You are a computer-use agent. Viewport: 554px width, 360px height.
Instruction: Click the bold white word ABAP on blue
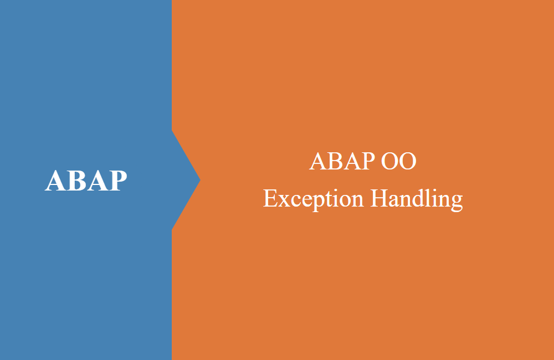tap(86, 181)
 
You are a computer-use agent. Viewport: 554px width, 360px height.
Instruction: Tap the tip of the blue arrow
tap(201, 180)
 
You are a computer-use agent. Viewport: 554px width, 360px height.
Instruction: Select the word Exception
tap(313, 199)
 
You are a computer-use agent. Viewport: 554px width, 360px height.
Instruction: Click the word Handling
tap(417, 199)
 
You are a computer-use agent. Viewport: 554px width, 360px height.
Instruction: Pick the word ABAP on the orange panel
tap(342, 161)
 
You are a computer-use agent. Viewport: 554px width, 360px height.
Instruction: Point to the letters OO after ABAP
tap(398, 161)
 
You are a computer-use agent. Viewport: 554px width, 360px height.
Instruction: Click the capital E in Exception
tap(270, 198)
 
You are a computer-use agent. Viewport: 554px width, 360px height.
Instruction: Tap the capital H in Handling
tap(379, 198)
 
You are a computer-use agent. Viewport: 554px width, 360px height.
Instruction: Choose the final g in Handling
tap(457, 203)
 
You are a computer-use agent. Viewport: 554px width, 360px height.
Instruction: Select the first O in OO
tap(389, 161)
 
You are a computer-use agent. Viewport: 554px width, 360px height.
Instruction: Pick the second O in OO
tap(408, 161)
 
